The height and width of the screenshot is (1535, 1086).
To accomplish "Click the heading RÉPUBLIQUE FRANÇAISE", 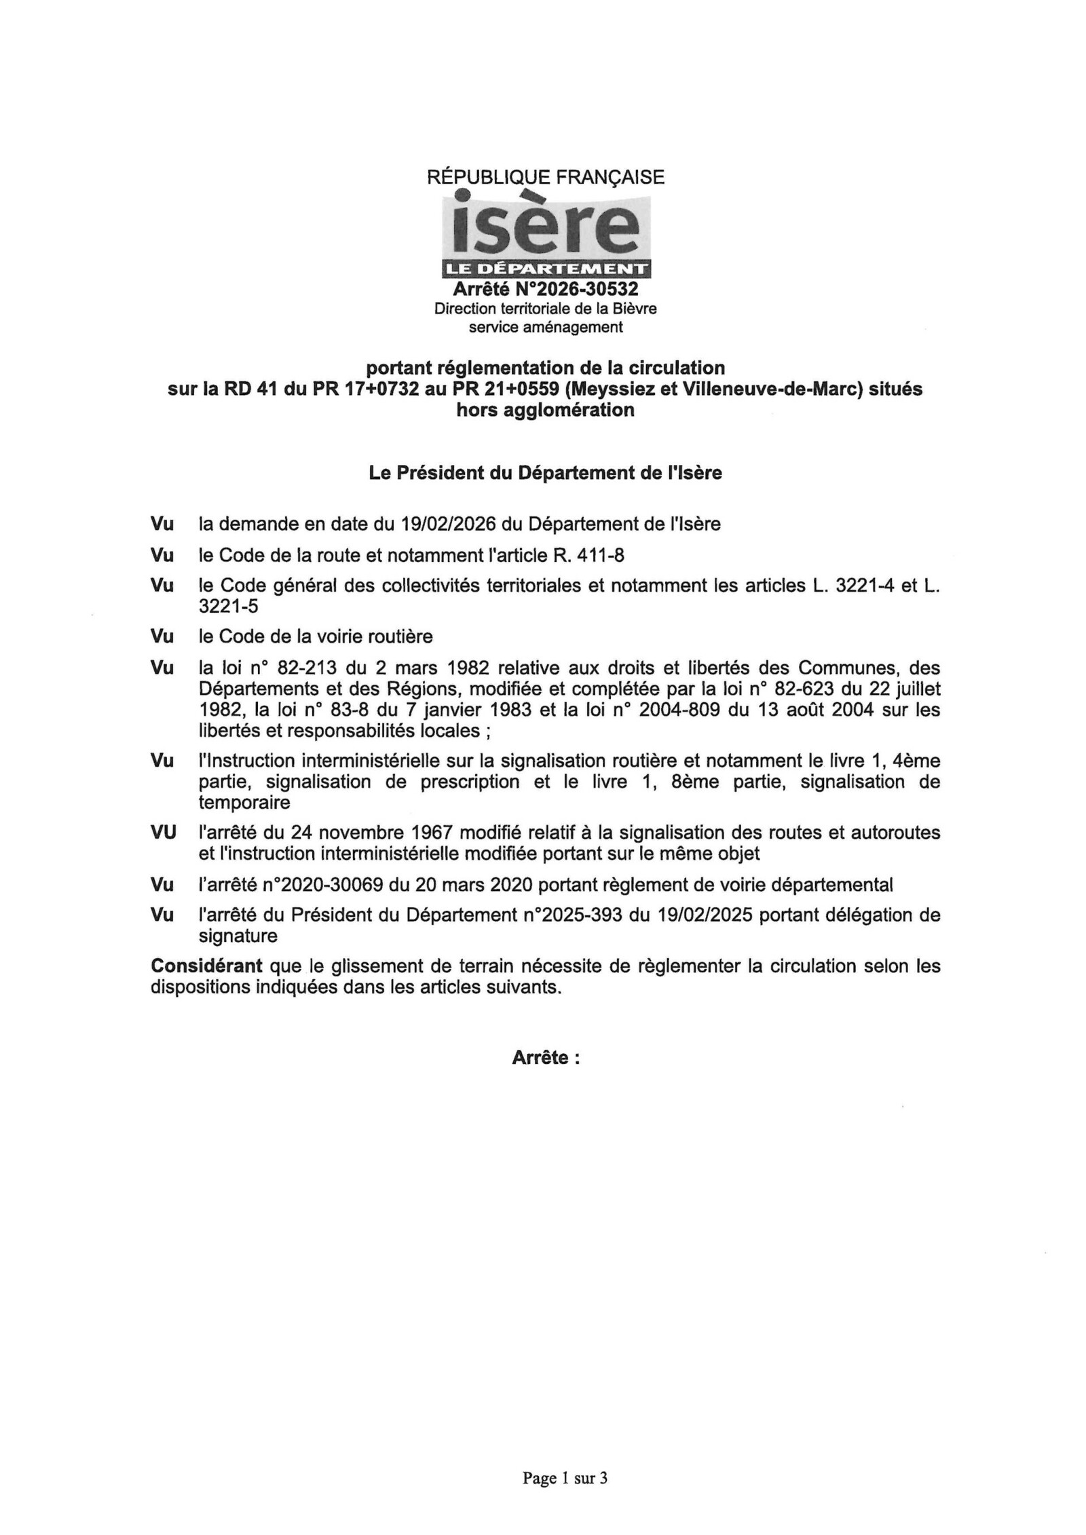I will click(x=545, y=177).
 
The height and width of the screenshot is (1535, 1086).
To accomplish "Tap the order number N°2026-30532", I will click(x=576, y=289).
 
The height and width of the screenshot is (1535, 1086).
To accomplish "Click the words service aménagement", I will click(x=545, y=327).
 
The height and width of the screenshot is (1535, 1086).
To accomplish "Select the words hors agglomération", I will click(x=545, y=410).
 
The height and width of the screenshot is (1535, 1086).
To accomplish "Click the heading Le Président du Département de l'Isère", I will click(x=545, y=473).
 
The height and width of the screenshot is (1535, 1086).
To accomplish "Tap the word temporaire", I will click(x=244, y=803).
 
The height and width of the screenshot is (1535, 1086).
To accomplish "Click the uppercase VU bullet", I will click(x=164, y=833).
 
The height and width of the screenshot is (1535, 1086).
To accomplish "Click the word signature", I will click(x=238, y=936).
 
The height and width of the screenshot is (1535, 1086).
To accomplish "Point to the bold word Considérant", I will click(x=206, y=966).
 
